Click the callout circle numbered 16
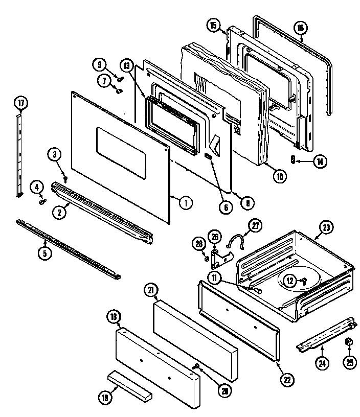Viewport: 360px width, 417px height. tap(301, 29)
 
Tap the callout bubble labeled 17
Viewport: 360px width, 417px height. tap(21, 103)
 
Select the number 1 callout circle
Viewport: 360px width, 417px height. tap(186, 202)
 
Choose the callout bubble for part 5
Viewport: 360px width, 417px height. tap(46, 252)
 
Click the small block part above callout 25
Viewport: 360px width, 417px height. tap(350, 341)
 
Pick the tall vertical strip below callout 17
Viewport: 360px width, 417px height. tap(19, 153)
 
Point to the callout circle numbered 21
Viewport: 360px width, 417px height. tap(151, 290)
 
